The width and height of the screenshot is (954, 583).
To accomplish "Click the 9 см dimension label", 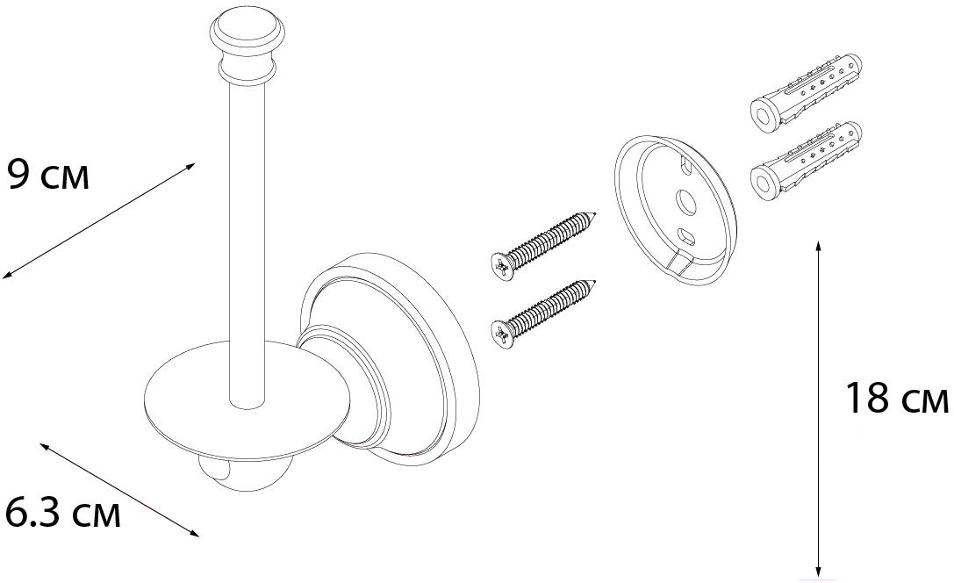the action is tap(47, 176).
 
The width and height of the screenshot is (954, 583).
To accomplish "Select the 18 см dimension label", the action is tap(896, 399).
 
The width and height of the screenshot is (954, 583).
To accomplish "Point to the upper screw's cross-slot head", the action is tap(503, 266).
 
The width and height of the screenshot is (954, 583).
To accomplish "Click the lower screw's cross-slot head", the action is tap(503, 335).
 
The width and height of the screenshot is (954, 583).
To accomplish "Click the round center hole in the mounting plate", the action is tap(687, 202).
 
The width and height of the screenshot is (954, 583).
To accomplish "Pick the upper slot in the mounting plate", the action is tap(685, 165).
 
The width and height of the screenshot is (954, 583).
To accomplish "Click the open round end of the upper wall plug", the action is tap(764, 116).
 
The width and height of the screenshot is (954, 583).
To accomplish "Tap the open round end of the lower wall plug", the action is tap(764, 183).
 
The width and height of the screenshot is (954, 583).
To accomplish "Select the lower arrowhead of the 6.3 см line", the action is tap(195, 535).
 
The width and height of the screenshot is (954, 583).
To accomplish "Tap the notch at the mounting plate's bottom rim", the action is tap(680, 265).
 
